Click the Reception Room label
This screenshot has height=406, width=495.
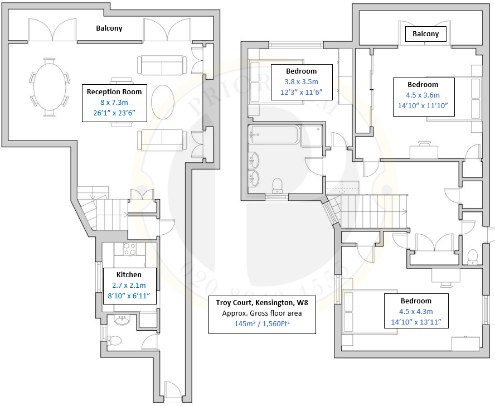pyautogui.click(x=114, y=91)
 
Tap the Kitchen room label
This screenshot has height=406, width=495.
pyautogui.click(x=129, y=274)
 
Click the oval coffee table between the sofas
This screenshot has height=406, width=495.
pyautogui.click(x=163, y=98)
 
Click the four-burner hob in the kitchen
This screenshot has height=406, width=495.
pyautogui.click(x=130, y=249)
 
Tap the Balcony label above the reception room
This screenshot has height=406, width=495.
pyautogui.click(x=109, y=28)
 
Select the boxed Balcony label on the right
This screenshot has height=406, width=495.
pyautogui.click(x=426, y=34)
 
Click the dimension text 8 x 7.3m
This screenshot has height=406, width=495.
pyautogui.click(x=114, y=102)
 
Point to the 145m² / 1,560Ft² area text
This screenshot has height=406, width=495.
pyautogui.click(x=262, y=323)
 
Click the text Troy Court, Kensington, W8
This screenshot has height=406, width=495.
pyautogui.click(x=262, y=303)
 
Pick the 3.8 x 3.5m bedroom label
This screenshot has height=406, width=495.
pyautogui.click(x=301, y=81)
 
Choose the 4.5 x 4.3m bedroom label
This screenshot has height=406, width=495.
pyautogui.click(x=416, y=312)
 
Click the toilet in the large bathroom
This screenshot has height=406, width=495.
pyautogui.click(x=277, y=185)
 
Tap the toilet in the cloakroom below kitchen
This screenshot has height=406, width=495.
pyautogui.click(x=115, y=340)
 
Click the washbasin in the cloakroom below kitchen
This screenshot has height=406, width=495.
pyautogui.click(x=122, y=320)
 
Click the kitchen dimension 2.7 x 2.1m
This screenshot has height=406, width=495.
pyautogui.click(x=129, y=285)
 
